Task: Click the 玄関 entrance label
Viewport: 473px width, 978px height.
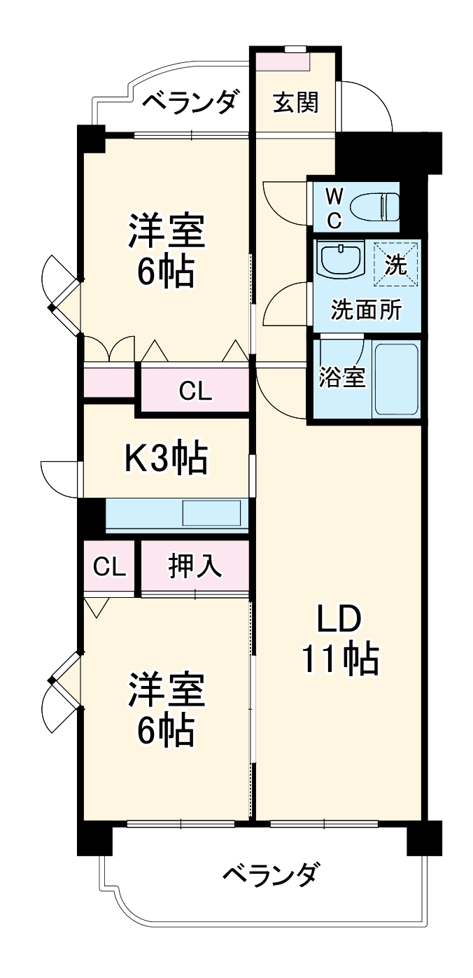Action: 295,103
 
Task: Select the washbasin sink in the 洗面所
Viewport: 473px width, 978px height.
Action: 340,260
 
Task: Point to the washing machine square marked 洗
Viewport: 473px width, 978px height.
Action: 397,265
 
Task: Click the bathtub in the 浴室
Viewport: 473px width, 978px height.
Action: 396,379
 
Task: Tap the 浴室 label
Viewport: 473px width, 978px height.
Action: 342,377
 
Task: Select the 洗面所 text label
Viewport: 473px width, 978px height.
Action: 366,309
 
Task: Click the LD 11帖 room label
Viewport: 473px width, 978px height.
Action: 340,638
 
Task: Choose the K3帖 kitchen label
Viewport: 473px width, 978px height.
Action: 166,459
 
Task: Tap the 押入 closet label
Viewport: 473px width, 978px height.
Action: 195,566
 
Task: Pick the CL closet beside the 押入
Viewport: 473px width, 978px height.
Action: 110,566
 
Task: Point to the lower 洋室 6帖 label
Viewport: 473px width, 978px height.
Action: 166,709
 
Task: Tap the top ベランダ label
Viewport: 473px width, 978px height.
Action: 190,102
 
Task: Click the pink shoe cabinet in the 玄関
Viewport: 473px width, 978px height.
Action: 283,61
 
